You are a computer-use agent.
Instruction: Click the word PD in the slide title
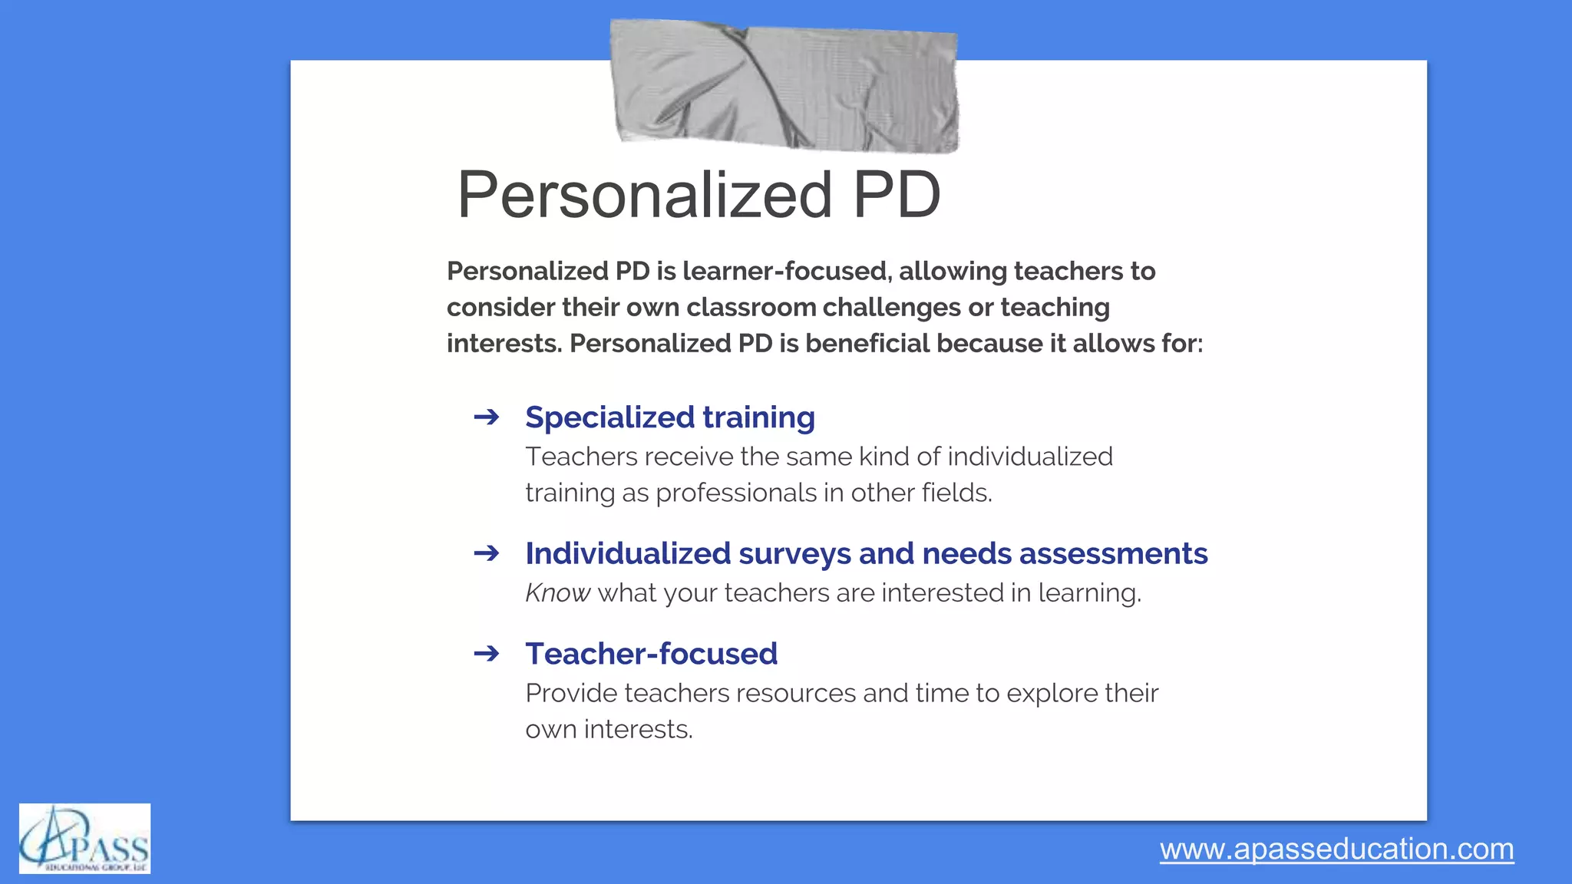[x=896, y=195]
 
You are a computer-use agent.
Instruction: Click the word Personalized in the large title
[x=645, y=195]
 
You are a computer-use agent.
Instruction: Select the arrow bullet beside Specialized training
[x=487, y=417]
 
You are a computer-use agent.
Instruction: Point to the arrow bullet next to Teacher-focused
[x=487, y=654]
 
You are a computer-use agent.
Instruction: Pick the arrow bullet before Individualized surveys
[x=487, y=553]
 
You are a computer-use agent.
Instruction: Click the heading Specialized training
[x=669, y=417]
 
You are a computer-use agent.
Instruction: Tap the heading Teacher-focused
[x=651, y=654]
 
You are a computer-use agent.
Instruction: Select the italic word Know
[x=557, y=593]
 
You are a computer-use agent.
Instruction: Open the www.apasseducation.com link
[x=1336, y=849]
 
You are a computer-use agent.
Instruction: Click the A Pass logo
[x=84, y=839]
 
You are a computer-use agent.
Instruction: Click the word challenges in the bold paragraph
[x=891, y=308]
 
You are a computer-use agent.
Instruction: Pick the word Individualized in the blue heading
[x=628, y=554]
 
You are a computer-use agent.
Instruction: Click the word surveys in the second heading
[x=794, y=554]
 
